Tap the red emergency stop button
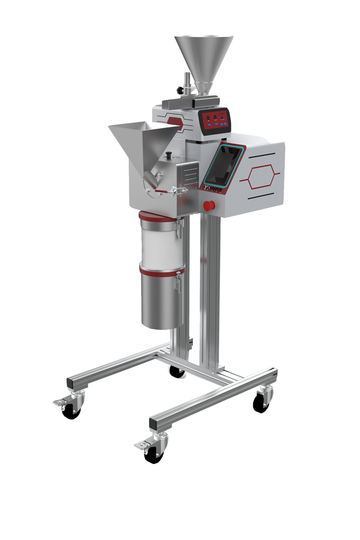point(208,206)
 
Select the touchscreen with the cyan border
point(225,167)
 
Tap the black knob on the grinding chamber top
point(170,156)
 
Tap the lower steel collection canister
point(162,299)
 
